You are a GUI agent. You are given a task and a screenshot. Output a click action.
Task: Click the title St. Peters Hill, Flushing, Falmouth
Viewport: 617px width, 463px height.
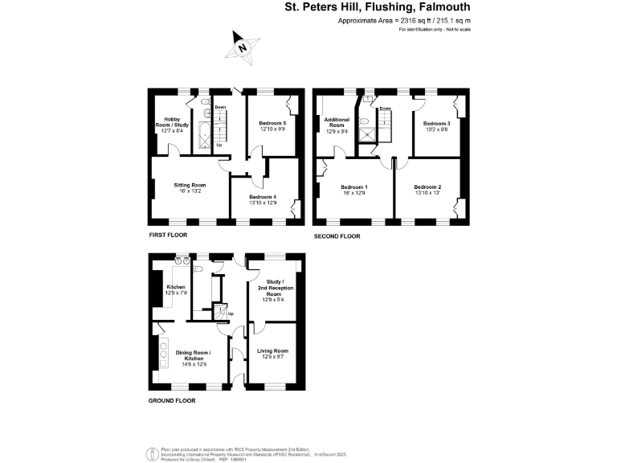click(x=378, y=9)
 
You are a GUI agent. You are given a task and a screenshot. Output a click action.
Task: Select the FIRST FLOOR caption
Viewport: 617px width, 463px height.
click(x=168, y=236)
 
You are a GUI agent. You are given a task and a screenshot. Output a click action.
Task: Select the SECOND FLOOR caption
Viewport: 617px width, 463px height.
click(x=337, y=236)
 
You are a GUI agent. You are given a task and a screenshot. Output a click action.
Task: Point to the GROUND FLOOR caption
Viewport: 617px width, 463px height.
click(x=173, y=399)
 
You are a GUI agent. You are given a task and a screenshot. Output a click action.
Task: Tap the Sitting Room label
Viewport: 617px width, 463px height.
click(x=190, y=188)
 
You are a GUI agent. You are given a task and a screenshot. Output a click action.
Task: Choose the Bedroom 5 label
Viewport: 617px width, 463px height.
click(x=273, y=125)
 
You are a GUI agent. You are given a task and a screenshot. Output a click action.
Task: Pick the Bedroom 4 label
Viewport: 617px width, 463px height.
click(x=263, y=199)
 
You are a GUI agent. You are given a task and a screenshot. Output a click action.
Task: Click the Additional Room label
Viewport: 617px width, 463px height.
click(x=337, y=125)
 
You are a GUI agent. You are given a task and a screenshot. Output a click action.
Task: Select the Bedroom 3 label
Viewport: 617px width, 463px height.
click(x=436, y=125)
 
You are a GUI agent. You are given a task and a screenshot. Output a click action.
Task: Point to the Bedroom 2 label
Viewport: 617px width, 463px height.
click(x=427, y=189)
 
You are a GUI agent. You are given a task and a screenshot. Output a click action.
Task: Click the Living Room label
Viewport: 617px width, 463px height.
click(x=272, y=353)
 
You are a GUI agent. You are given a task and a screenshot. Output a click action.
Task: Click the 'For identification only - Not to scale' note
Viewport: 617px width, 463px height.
click(x=435, y=29)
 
